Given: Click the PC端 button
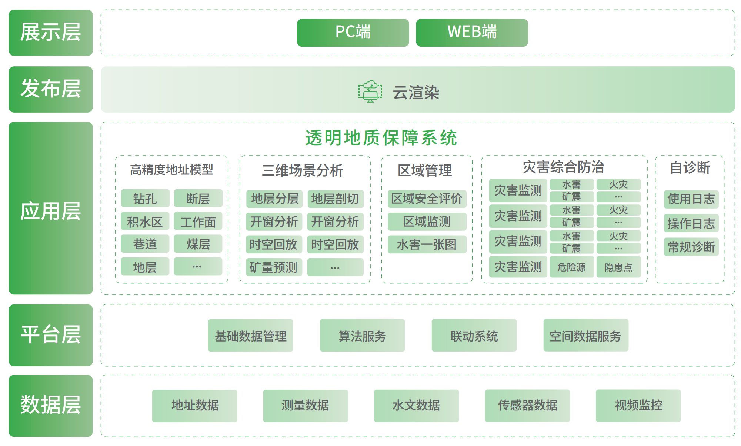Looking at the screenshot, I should (353, 33).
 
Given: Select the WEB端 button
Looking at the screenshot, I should (472, 33).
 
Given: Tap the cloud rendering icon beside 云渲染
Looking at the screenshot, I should (370, 91).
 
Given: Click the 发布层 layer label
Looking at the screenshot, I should (51, 89).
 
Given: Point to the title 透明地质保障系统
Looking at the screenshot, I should (381, 138).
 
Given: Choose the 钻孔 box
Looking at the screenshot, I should (145, 199).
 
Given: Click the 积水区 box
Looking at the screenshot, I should (145, 222).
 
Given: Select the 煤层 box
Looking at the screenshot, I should (198, 244).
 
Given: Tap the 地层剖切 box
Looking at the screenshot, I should (335, 199).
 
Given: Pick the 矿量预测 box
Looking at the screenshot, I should (274, 267).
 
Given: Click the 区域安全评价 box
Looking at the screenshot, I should (427, 199).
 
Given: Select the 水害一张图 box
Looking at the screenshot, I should (427, 244).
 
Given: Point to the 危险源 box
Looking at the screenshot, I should (571, 267).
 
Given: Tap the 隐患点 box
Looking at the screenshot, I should (618, 267).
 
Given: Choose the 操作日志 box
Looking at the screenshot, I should (691, 223).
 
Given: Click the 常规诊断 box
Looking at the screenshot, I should (691, 247).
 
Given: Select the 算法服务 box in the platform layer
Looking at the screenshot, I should (362, 336).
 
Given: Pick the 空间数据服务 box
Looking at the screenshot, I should (585, 336).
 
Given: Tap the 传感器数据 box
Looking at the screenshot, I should (527, 406).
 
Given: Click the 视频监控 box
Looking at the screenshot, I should (638, 406).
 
